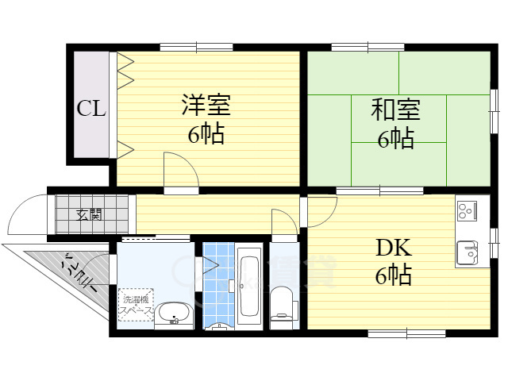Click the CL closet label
click(91, 109)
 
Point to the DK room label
click(394, 248)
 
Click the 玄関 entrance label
click(88, 214)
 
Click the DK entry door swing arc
click(322, 211)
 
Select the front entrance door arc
click(29, 213)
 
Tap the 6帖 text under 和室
click(395, 139)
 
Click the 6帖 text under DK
click(394, 276)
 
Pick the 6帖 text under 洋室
click(206, 133)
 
